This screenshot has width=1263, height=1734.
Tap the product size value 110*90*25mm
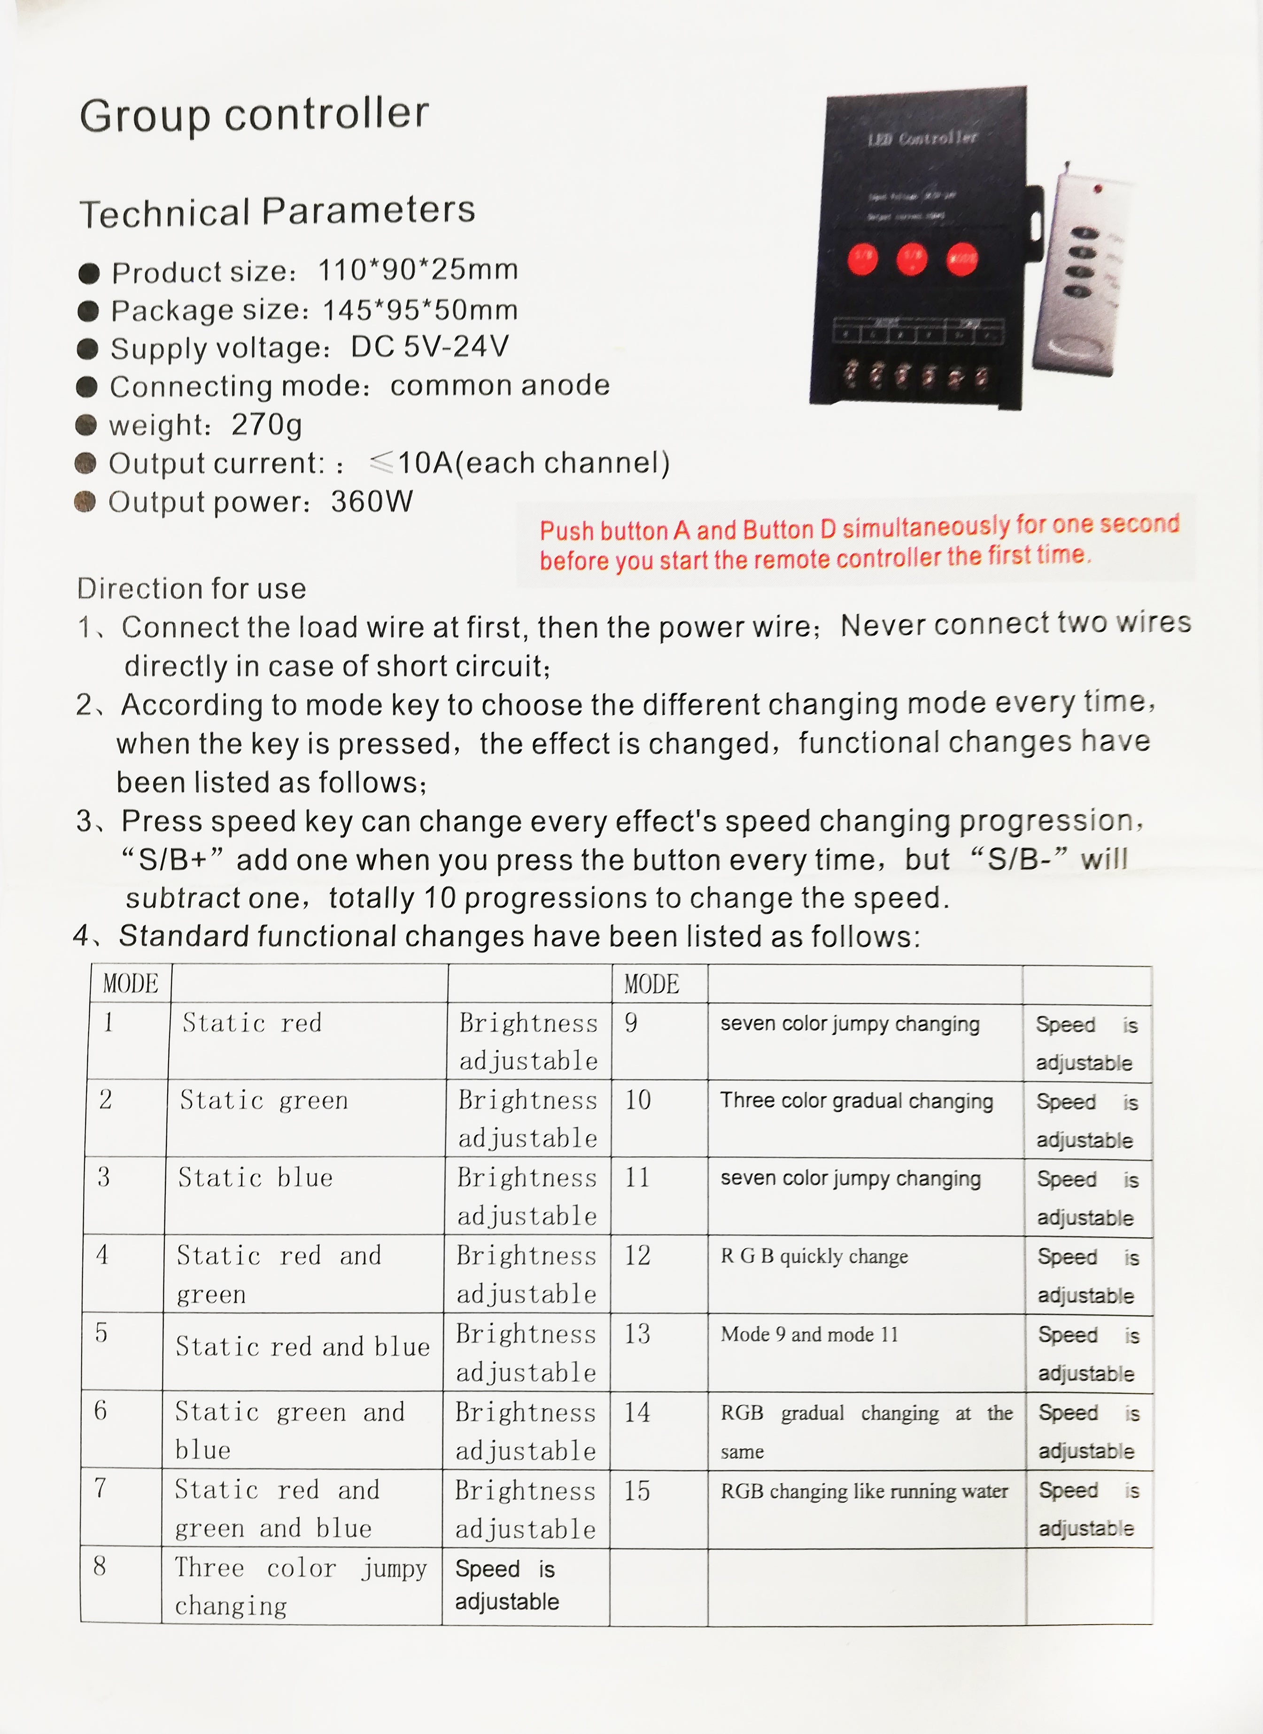[418, 269]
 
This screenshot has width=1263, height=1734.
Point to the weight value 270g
[267, 424]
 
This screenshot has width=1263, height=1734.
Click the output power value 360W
[372, 502]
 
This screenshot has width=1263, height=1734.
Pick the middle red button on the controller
[911, 258]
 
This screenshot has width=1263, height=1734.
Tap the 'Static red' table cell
[252, 1023]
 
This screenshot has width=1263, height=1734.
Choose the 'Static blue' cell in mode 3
[256, 1177]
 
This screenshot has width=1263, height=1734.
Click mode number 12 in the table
[638, 1255]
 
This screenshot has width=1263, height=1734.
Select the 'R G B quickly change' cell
[814, 1256]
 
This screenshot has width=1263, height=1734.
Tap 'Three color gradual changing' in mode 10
[856, 1101]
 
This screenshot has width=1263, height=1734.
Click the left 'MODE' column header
[131, 984]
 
